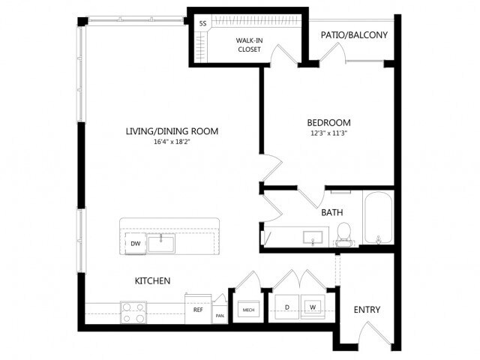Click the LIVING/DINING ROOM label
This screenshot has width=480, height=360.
pyautogui.click(x=172, y=131)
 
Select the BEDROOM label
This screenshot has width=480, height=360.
pyautogui.click(x=328, y=122)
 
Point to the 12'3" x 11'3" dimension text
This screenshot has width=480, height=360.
pyautogui.click(x=328, y=133)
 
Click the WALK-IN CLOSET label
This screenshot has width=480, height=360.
pyautogui.click(x=247, y=44)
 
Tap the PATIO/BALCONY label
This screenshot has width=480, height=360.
pyautogui.click(x=353, y=34)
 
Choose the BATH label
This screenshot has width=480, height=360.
pyautogui.click(x=332, y=212)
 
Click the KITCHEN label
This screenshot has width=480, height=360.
pyautogui.click(x=152, y=281)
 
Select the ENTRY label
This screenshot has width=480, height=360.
pyautogui.click(x=366, y=310)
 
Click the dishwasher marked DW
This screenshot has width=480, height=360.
pyautogui.click(x=136, y=243)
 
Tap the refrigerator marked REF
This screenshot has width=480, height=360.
pyautogui.click(x=198, y=309)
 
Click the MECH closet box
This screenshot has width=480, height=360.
pyautogui.click(x=247, y=309)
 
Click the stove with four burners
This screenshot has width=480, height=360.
pyautogui.click(x=133, y=311)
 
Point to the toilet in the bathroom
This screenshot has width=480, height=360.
pyautogui.click(x=345, y=233)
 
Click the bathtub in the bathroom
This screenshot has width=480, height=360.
pyautogui.click(x=376, y=220)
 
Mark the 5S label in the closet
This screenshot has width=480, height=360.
pyautogui.click(x=202, y=23)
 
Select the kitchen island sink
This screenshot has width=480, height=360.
pyautogui.click(x=161, y=242)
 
